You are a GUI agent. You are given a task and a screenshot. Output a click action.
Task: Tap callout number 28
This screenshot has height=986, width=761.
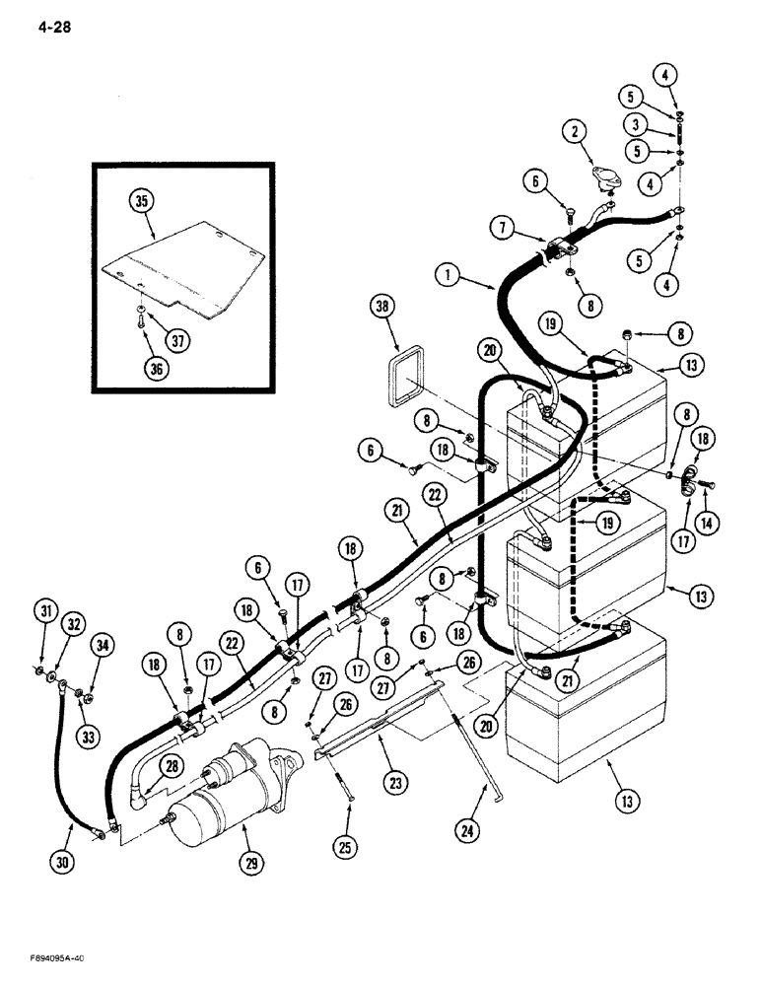pos(173,765)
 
